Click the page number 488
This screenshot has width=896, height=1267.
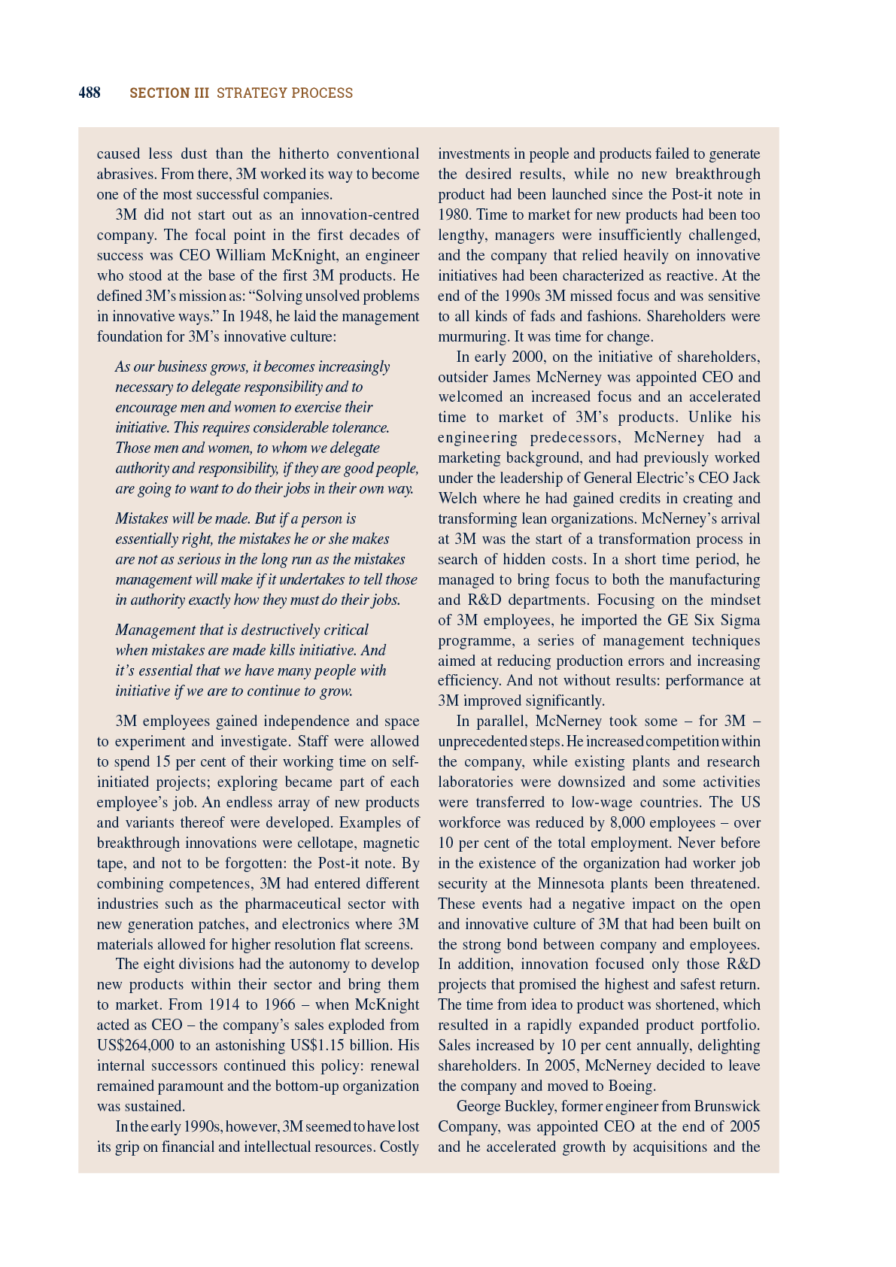coord(90,93)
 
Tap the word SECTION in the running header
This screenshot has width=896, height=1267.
coord(159,93)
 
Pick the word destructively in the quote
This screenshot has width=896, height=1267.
coord(283,630)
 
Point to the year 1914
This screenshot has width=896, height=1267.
coord(224,1004)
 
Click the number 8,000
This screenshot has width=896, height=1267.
coord(627,822)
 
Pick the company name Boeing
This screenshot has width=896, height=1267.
coord(631,1086)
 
